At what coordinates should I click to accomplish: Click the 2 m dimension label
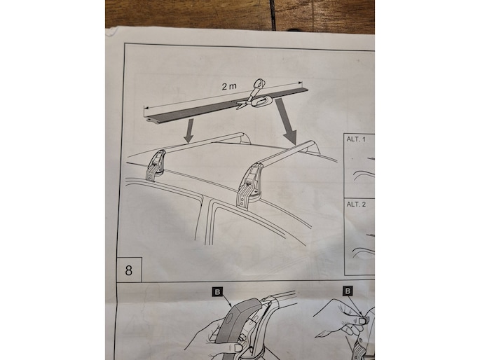(229, 87)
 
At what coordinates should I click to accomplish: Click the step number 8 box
(129, 270)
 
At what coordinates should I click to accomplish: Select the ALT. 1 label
(356, 139)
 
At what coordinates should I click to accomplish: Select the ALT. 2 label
(356, 204)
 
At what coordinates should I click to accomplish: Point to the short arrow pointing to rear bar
(189, 131)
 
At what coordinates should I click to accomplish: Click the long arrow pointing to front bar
(286, 121)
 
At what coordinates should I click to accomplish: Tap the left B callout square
(217, 292)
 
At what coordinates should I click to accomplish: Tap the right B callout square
(348, 291)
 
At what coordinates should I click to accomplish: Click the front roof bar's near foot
(249, 186)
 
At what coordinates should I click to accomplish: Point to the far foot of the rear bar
(245, 139)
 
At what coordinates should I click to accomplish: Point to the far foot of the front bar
(313, 148)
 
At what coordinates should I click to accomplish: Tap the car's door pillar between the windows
(205, 219)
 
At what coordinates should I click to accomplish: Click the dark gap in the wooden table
(272, 15)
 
